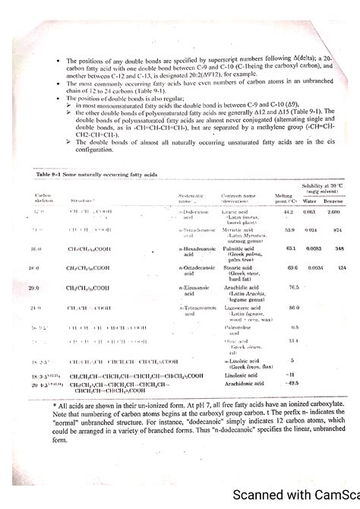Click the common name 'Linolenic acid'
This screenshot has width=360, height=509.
point(236,375)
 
